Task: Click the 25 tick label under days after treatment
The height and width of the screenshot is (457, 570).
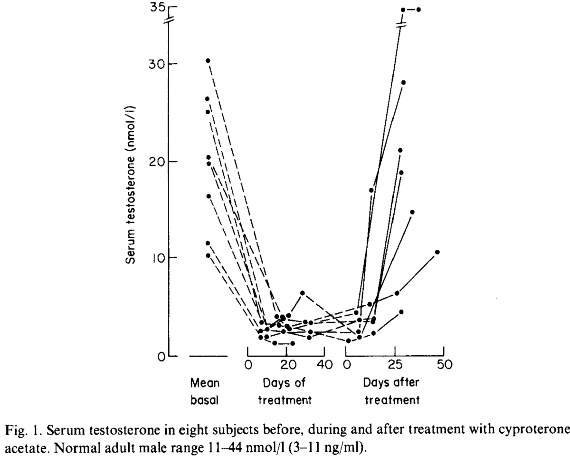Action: (395, 365)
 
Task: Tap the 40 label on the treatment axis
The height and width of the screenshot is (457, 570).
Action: (324, 365)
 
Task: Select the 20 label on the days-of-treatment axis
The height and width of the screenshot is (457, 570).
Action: (286, 365)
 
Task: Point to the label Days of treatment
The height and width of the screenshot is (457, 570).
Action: (285, 391)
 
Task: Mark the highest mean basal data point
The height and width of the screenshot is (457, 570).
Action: (208, 60)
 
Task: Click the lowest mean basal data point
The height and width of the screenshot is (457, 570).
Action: (208, 255)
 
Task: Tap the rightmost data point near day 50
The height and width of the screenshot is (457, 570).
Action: (437, 252)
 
